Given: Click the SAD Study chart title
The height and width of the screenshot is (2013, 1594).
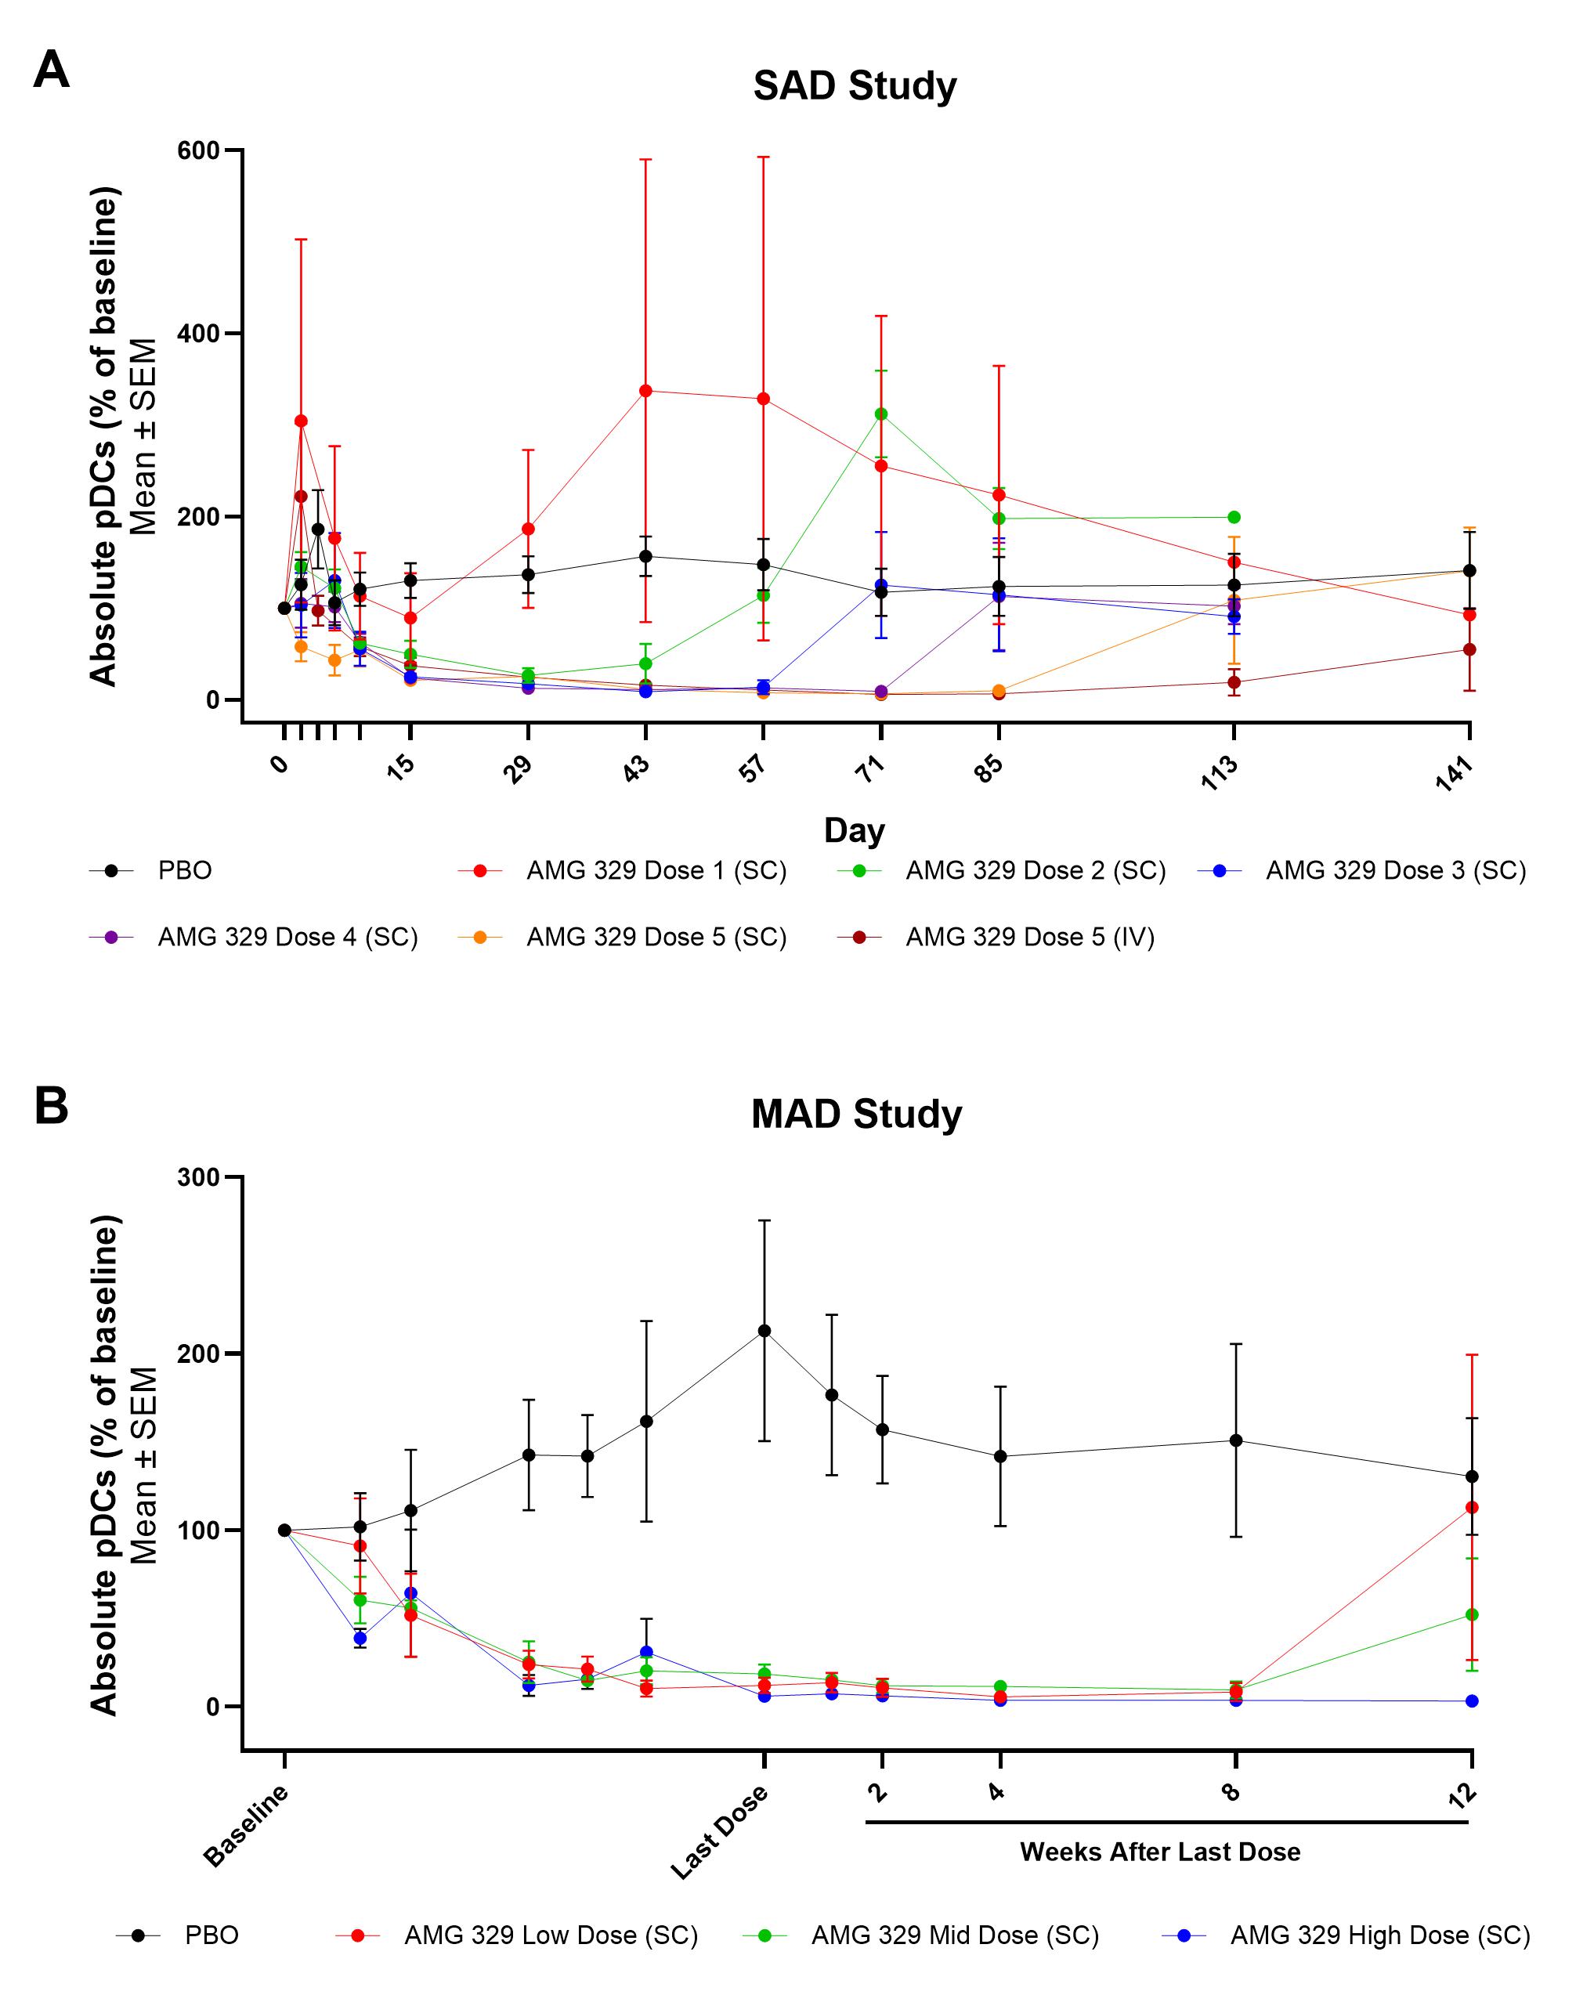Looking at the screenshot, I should pos(854,86).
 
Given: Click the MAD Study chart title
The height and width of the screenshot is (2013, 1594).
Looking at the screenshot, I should pos(856,1115).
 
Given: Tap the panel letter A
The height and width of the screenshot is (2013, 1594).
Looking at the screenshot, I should pos(52,70).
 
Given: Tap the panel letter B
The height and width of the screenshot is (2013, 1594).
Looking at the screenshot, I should pos(52,1106).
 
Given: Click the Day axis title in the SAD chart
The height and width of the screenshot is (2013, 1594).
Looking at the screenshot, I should pos(854,829).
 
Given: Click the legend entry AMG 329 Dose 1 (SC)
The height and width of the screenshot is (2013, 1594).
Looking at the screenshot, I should pos(656,871).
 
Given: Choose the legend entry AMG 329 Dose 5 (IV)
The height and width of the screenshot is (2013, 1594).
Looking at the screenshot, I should pos(1029,937).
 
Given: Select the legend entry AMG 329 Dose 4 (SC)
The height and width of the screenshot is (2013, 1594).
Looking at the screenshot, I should pos(287,937).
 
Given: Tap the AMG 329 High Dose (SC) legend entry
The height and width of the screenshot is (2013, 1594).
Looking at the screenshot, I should pos(1379,1935).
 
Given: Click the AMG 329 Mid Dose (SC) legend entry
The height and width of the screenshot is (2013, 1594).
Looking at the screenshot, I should pos(955,1935).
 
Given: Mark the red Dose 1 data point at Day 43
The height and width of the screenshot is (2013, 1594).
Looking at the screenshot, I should pos(645,390).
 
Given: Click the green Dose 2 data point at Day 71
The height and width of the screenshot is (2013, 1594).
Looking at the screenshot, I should pos(881,414).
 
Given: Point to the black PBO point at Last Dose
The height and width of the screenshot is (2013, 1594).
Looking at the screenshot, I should pos(764,1331).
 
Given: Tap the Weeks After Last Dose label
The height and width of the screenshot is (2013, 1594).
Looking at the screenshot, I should pos(1160,1852).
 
